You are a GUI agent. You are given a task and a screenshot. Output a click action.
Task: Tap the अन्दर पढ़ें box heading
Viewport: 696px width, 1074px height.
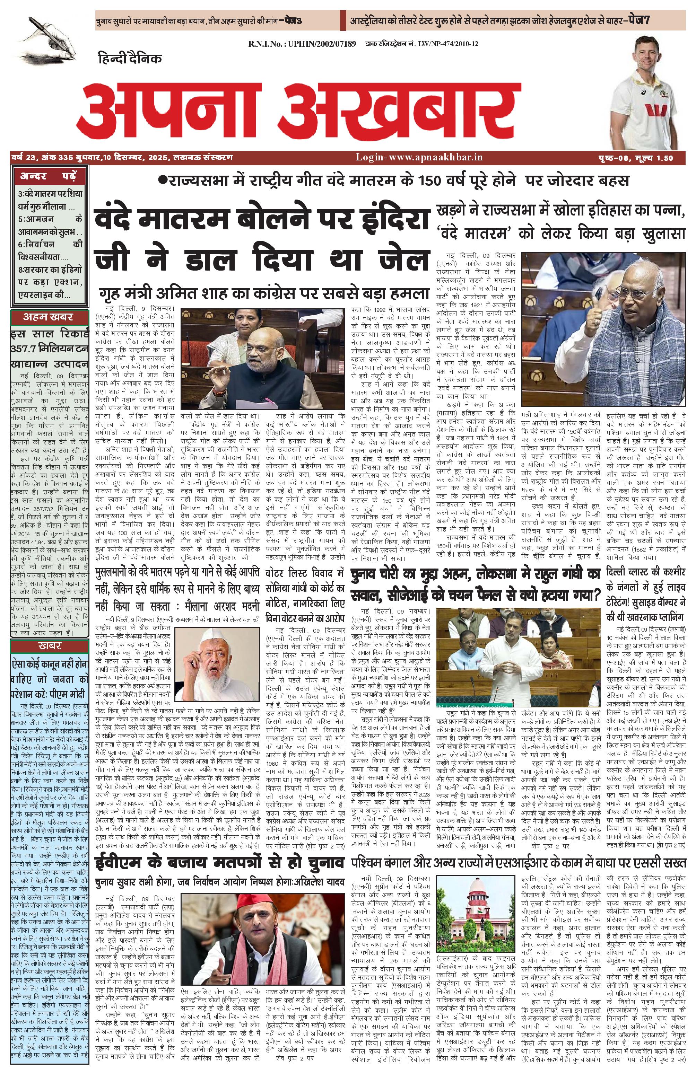tap(48, 176)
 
